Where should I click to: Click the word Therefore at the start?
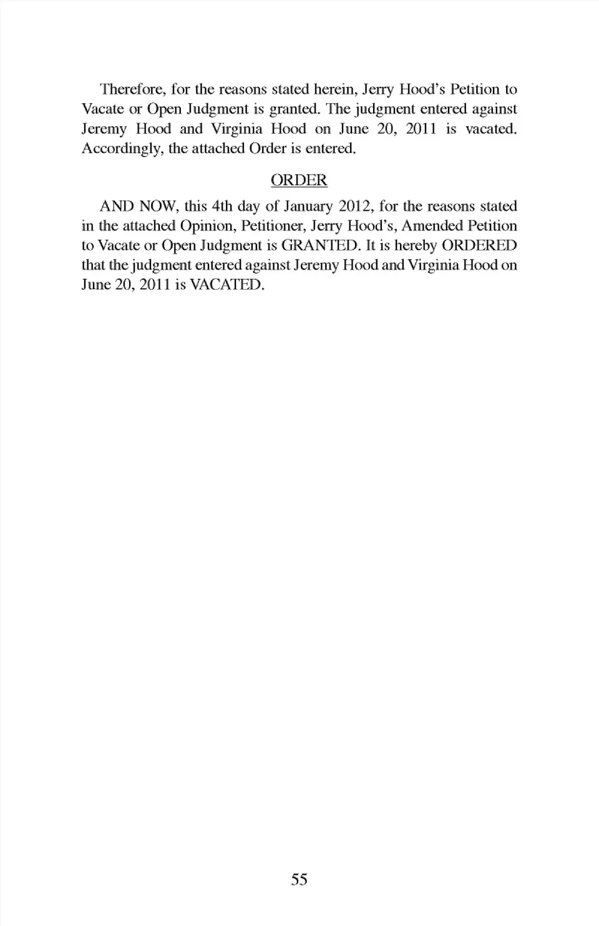pos(131,89)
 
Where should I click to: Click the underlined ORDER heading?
pos(299,180)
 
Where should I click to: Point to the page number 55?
pos(299,879)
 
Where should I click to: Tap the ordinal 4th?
pos(222,206)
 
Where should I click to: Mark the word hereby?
pos(416,245)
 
